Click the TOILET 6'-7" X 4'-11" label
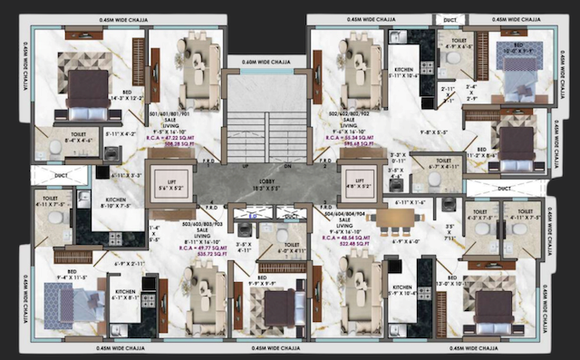pos(446,165)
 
